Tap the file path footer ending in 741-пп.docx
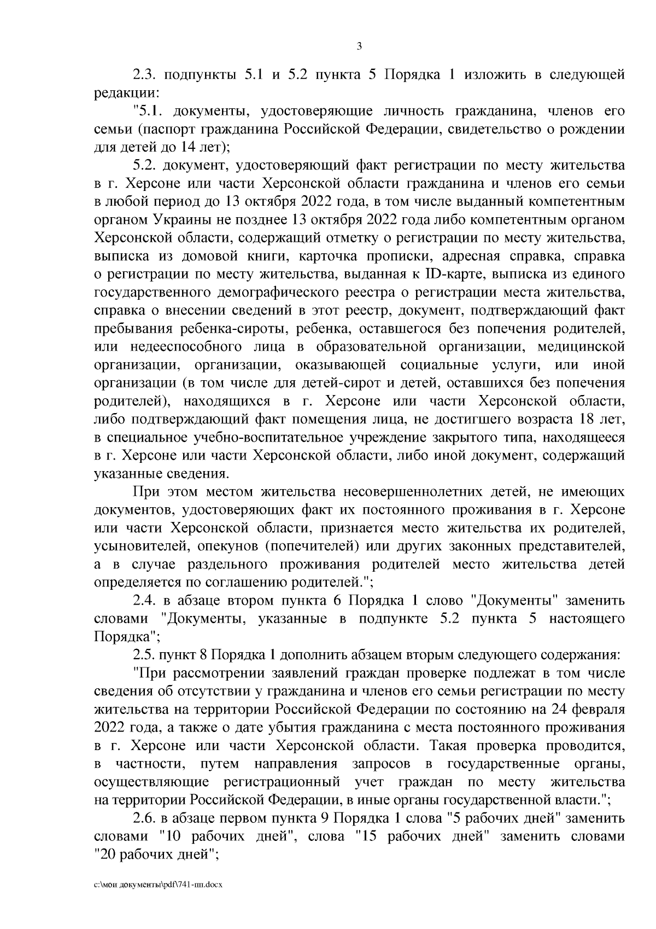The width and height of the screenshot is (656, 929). [x=159, y=899]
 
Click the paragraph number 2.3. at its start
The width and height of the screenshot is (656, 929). [x=145, y=75]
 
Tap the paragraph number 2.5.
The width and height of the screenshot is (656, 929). [x=145, y=654]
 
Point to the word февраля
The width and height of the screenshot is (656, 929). [x=600, y=709]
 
